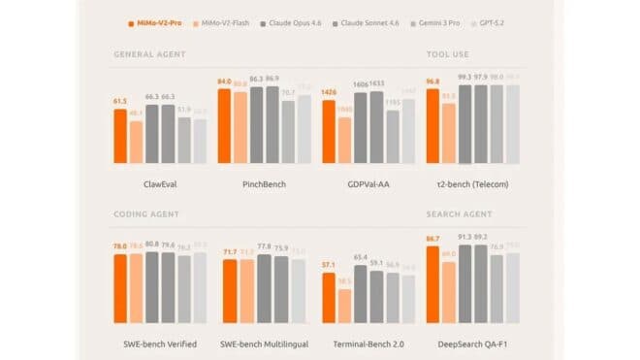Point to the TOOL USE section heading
(448, 54)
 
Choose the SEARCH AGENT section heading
(460, 213)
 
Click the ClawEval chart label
(160, 182)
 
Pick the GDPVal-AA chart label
(368, 182)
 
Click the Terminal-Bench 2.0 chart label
(368, 344)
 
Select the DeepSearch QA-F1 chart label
(472, 344)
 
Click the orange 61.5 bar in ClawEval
(120, 136)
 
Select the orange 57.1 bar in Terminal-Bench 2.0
(329, 298)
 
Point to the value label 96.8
(432, 82)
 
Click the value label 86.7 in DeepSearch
(432, 238)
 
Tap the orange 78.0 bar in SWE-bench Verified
(120, 287)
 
